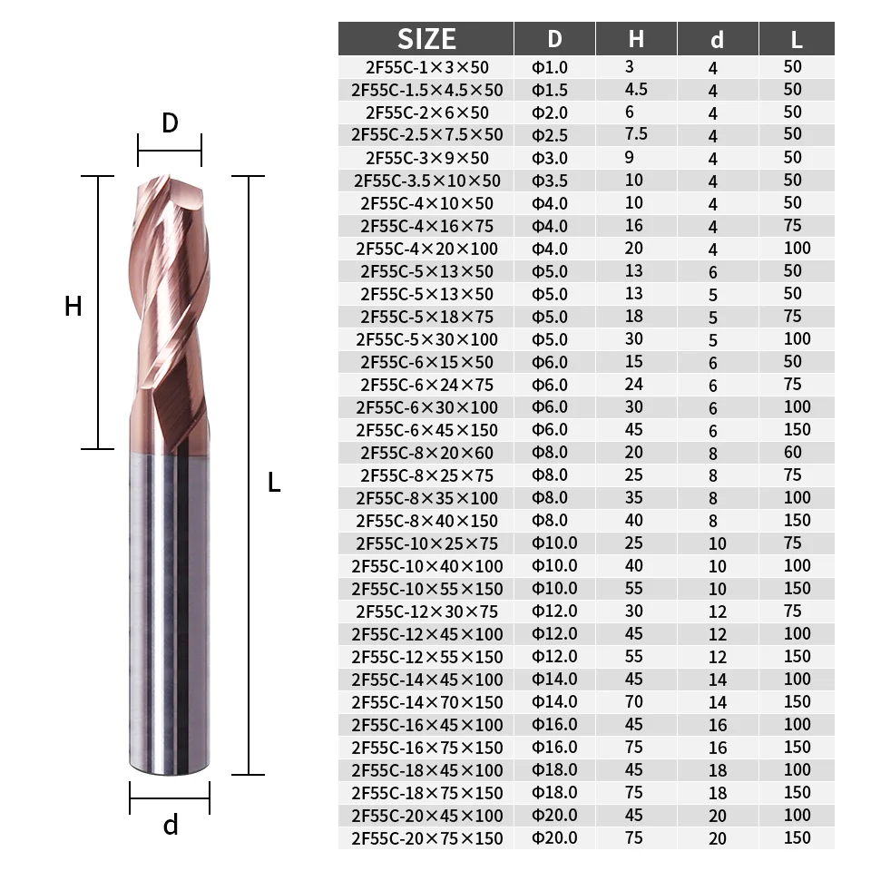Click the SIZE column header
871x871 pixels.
tap(426, 39)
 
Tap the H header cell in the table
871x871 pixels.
tap(636, 39)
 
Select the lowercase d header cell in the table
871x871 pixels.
tap(717, 39)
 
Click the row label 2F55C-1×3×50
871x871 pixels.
tap(426, 67)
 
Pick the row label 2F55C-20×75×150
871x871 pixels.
tap(426, 837)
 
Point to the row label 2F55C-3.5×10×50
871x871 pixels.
tap(426, 181)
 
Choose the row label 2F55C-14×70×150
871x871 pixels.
tap(426, 702)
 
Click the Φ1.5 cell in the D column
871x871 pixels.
tap(550, 90)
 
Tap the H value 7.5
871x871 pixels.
tap(636, 134)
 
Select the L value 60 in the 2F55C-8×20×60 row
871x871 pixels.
tap(793, 452)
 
